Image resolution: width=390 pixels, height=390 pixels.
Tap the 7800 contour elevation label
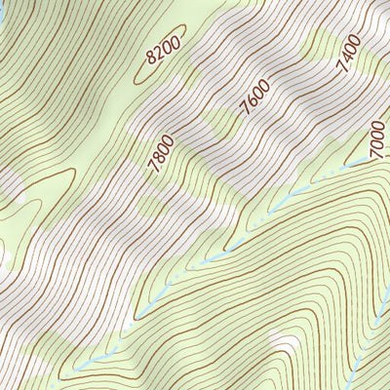point(161,153)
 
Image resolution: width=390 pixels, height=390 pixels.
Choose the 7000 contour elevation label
point(376,144)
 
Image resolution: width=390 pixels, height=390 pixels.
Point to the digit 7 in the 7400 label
point(342,69)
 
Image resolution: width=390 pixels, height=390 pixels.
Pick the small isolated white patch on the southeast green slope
point(284,342)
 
